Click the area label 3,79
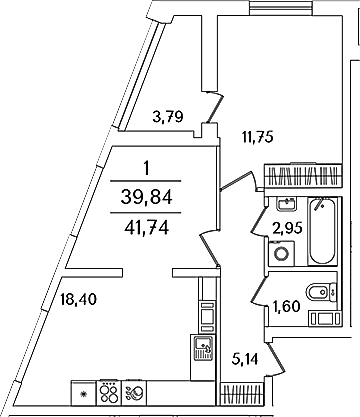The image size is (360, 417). point(168,117)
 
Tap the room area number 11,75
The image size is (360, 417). point(257,137)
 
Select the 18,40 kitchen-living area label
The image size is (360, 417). point(78,299)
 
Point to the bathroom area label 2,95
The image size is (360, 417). point(287,228)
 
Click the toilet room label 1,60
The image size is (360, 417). point(287,306)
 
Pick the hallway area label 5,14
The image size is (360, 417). point(244,359)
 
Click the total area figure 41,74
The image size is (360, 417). point(146,229)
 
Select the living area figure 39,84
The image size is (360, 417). point(146,198)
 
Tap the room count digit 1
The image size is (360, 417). point(146,169)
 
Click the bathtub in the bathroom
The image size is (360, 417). point(322,232)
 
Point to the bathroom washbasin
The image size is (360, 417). point(286,204)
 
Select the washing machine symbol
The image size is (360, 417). point(281,253)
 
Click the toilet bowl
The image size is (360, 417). point(321,292)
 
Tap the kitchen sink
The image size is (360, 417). point(202,348)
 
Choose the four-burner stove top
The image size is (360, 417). point(109,393)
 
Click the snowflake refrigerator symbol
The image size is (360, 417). point(84,393)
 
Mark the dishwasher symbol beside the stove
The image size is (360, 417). point(135,393)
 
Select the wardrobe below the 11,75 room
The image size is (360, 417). point(303,175)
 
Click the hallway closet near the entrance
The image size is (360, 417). point(242,394)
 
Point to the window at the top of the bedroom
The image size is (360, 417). point(282,7)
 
